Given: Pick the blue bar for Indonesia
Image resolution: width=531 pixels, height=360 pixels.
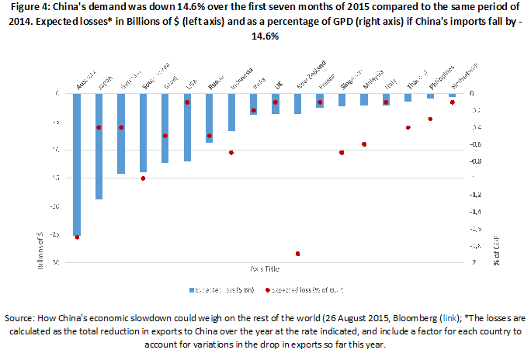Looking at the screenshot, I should click(x=231, y=112).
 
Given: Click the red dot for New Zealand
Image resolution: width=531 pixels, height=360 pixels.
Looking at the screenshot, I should click(x=297, y=254).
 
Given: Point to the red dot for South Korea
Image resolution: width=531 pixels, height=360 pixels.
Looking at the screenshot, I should click(x=143, y=178).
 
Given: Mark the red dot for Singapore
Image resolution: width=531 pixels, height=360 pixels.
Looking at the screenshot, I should click(x=342, y=153).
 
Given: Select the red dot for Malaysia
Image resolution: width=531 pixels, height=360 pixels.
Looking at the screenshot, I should click(x=363, y=144).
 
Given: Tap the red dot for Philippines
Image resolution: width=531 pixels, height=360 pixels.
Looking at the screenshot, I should click(x=430, y=119).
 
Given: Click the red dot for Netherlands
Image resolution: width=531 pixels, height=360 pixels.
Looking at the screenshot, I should click(x=452, y=102).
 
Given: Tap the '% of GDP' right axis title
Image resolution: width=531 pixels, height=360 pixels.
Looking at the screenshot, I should click(x=497, y=253).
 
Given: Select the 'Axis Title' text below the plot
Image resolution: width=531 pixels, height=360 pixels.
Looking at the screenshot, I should click(x=266, y=268).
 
